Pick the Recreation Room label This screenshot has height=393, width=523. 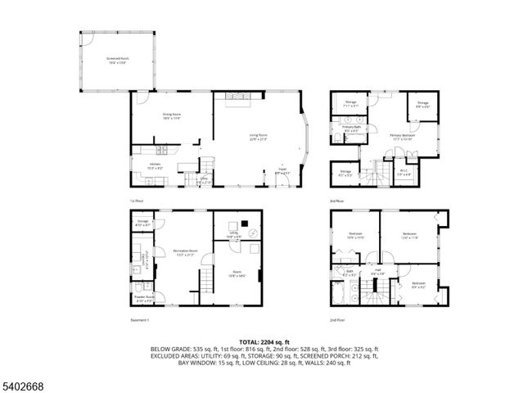click(183, 251)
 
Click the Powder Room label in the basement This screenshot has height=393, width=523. click(143, 298)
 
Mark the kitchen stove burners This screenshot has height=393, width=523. click(162, 149)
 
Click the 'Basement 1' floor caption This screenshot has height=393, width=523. click(140, 319)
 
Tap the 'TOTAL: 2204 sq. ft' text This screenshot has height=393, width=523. click(264, 341)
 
